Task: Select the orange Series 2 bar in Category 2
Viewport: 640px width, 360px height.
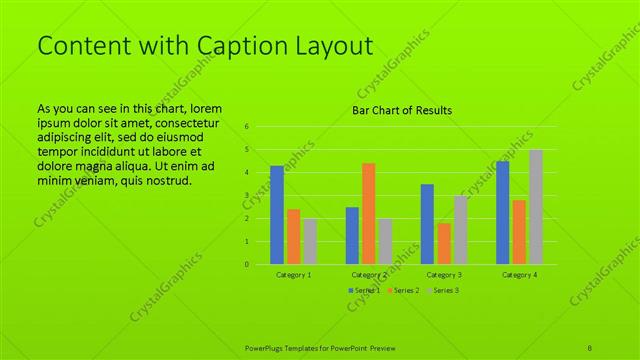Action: [369, 213]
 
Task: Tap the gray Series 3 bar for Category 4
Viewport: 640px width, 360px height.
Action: [536, 207]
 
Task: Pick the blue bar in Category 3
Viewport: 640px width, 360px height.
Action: [427, 224]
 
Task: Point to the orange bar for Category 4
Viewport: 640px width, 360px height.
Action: [519, 232]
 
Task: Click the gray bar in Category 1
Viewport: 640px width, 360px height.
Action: [310, 241]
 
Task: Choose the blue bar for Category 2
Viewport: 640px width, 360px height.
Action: [352, 235]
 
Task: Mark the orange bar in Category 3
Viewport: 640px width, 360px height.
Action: [444, 243]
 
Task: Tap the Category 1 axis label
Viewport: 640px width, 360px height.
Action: [294, 274]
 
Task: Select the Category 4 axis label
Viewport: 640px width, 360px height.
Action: [519, 274]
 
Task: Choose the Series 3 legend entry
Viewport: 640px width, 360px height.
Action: [446, 290]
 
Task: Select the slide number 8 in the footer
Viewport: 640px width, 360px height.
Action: [591, 346]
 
